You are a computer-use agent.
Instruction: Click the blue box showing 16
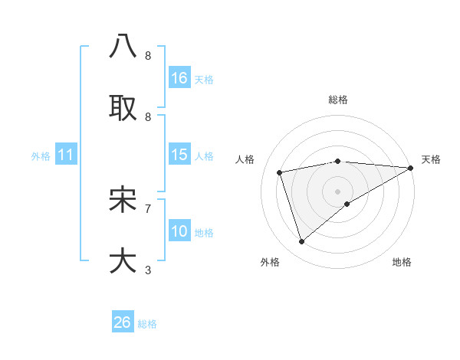pyautogui.click(x=179, y=78)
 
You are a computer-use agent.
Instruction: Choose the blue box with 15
pyautogui.click(x=179, y=155)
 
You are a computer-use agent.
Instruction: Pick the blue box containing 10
pyautogui.click(x=179, y=231)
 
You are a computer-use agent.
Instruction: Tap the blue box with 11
pyautogui.click(x=66, y=155)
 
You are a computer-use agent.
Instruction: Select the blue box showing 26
pyautogui.click(x=123, y=322)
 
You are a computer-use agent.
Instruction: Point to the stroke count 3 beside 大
pyautogui.click(x=148, y=270)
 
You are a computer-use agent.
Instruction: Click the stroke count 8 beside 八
pyautogui.click(x=148, y=56)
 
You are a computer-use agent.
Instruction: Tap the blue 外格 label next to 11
pyautogui.click(x=41, y=155)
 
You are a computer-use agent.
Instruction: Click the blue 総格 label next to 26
pyautogui.click(x=147, y=323)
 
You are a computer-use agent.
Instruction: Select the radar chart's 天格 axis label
pyautogui.click(x=431, y=159)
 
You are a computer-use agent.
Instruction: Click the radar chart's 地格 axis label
pyautogui.click(x=402, y=262)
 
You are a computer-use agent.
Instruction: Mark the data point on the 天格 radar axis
pyautogui.click(x=411, y=168)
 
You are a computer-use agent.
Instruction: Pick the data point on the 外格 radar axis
pyautogui.click(x=301, y=242)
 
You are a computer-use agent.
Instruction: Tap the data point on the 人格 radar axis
pyautogui.click(x=280, y=172)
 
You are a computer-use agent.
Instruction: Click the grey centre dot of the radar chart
pyautogui.click(x=338, y=191)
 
